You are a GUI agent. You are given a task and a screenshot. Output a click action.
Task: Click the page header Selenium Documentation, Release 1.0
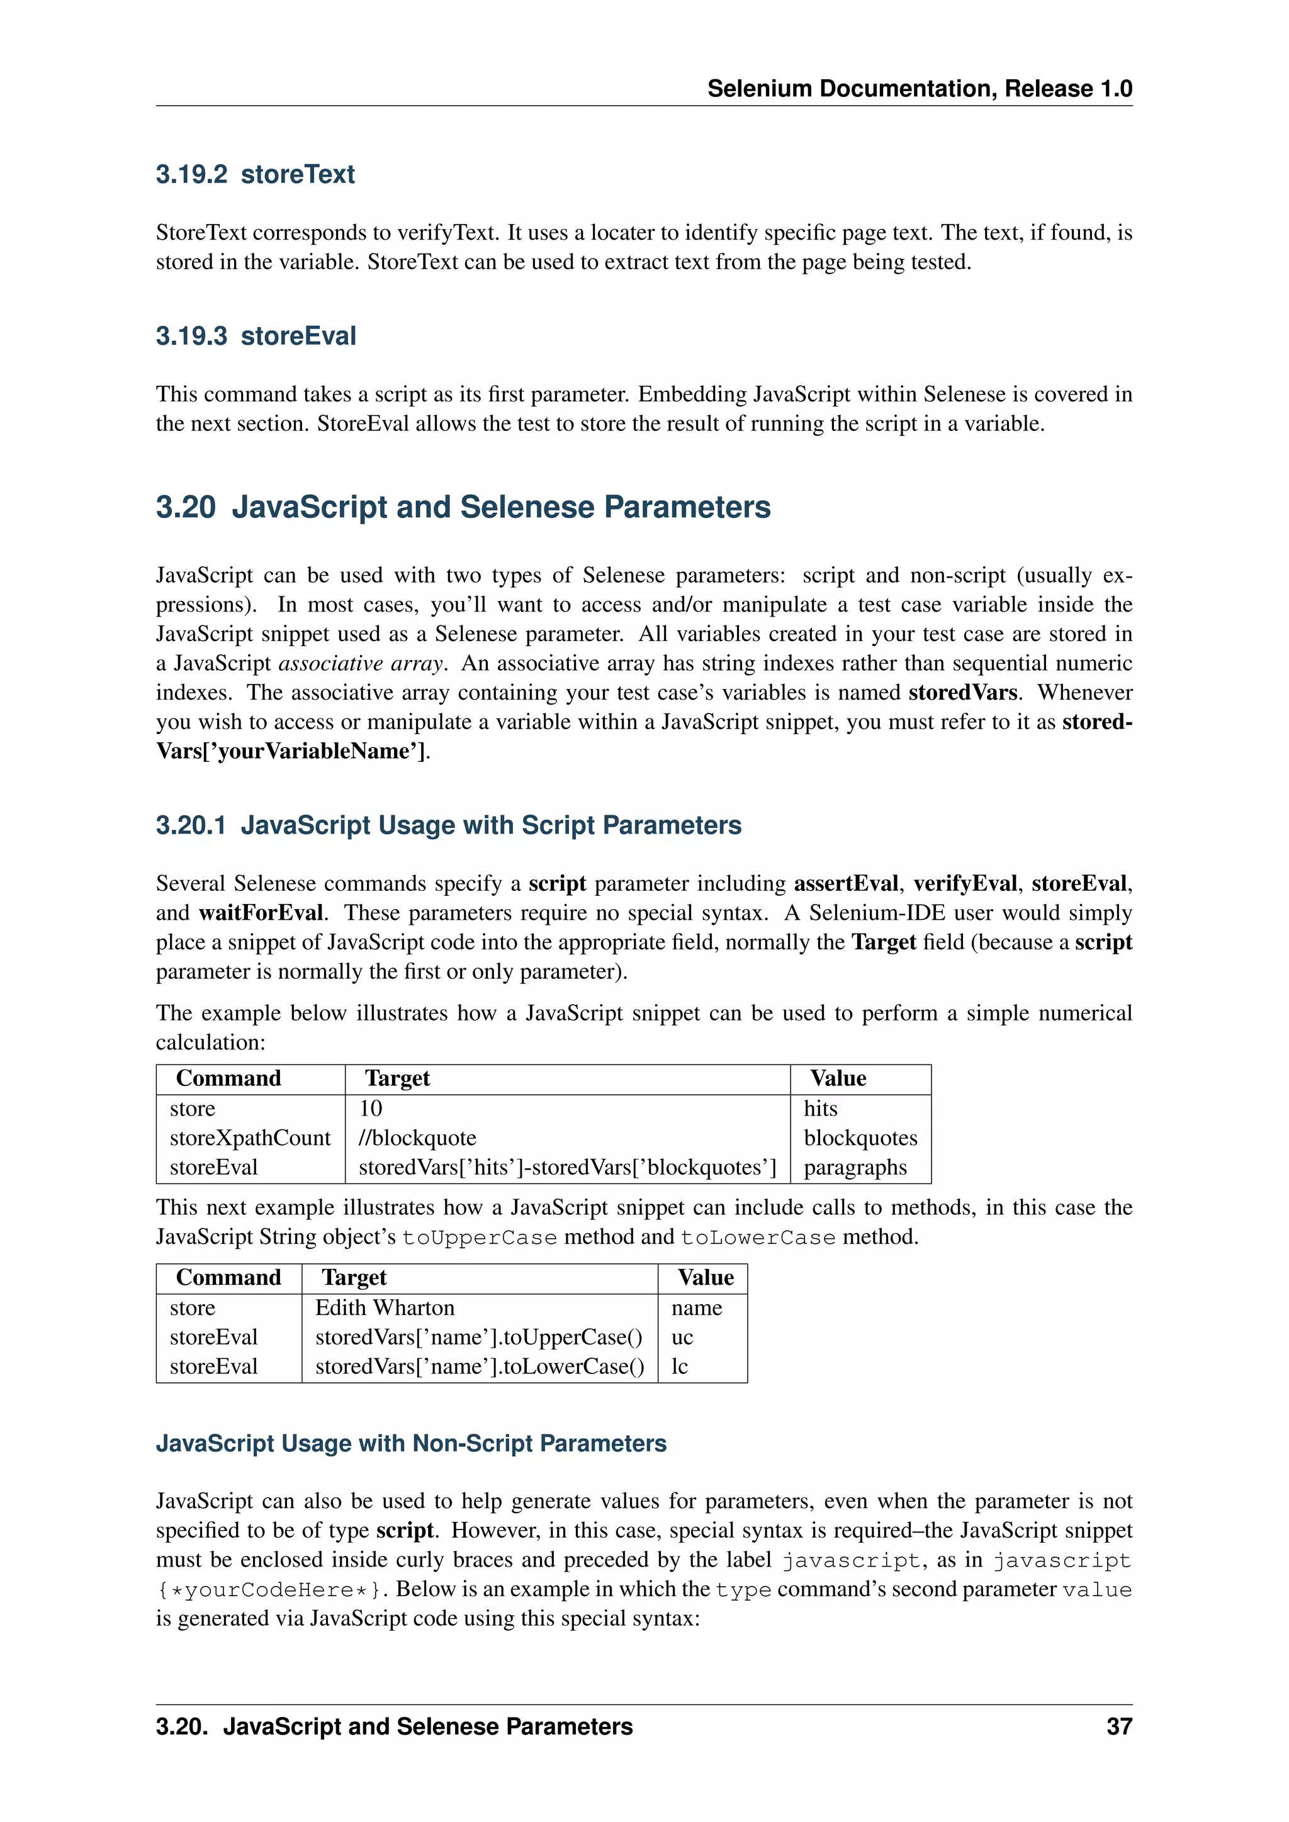coord(919,89)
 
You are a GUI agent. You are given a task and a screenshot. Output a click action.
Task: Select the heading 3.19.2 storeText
coord(255,174)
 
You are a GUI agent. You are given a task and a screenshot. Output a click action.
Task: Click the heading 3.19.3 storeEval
coord(256,337)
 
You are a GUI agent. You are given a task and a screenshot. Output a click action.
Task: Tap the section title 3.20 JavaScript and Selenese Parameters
coord(463,507)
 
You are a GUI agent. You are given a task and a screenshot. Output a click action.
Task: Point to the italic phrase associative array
coord(361,663)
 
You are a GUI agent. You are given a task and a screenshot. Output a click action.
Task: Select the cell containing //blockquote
coord(417,1138)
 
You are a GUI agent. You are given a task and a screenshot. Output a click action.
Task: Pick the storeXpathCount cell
coord(249,1138)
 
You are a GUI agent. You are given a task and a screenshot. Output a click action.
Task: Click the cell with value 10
coord(371,1109)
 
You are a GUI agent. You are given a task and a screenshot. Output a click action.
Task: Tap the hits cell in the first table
coord(820,1109)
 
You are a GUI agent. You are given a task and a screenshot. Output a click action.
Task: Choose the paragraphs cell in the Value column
coord(855,1167)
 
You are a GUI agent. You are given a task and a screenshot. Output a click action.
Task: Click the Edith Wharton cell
coord(385,1308)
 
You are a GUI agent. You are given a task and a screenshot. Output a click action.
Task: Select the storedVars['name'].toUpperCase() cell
coord(478,1337)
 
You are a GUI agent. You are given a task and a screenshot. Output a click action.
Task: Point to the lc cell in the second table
coord(679,1366)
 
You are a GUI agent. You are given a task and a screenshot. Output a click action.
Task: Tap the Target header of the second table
coord(354,1278)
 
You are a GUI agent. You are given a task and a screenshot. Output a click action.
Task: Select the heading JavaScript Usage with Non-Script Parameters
coord(411,1443)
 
